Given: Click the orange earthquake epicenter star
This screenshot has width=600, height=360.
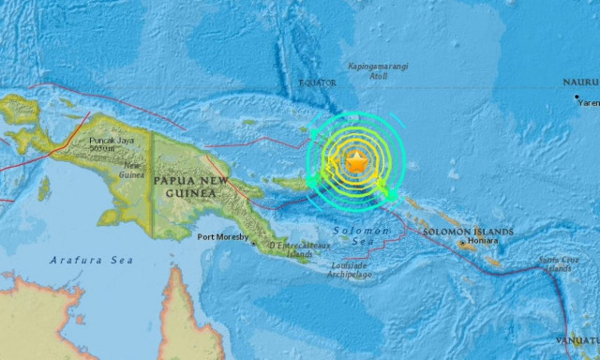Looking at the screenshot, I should (x=356, y=162).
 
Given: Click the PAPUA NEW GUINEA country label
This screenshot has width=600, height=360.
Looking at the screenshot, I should (x=185, y=186).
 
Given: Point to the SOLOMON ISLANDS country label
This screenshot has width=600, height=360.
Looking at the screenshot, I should (x=468, y=231).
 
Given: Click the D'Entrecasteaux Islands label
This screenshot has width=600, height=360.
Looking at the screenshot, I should (x=291, y=249).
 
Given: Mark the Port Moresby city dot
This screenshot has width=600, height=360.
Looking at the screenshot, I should (x=251, y=242).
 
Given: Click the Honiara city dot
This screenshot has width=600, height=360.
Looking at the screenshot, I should (x=464, y=242).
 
